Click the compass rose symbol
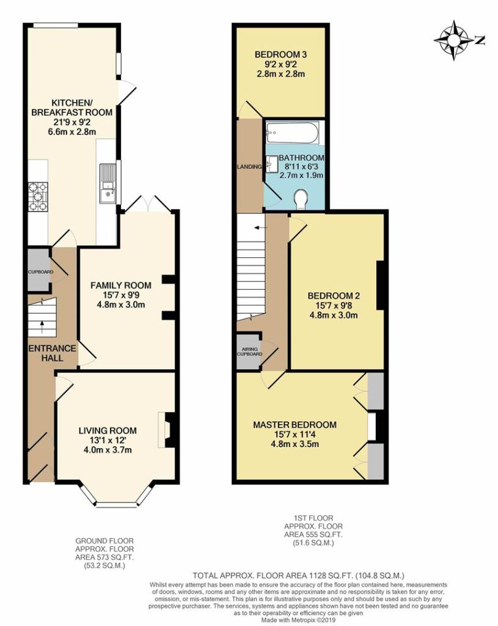click(454, 40)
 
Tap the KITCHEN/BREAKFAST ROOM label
click(72, 107)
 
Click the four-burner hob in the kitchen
click(38, 197)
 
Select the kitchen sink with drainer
click(108, 183)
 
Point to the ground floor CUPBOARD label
click(40, 272)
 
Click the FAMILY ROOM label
click(121, 285)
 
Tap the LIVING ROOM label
click(108, 431)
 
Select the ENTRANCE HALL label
click(53, 353)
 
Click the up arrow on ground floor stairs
click(43, 328)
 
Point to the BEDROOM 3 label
click(281, 54)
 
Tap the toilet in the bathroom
click(301, 199)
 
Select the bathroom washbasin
click(273, 164)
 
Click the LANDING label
click(249, 167)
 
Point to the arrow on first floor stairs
click(262, 227)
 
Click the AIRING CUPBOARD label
click(250, 352)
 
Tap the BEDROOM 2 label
click(334, 296)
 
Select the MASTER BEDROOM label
click(295, 425)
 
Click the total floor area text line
click(298, 576)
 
